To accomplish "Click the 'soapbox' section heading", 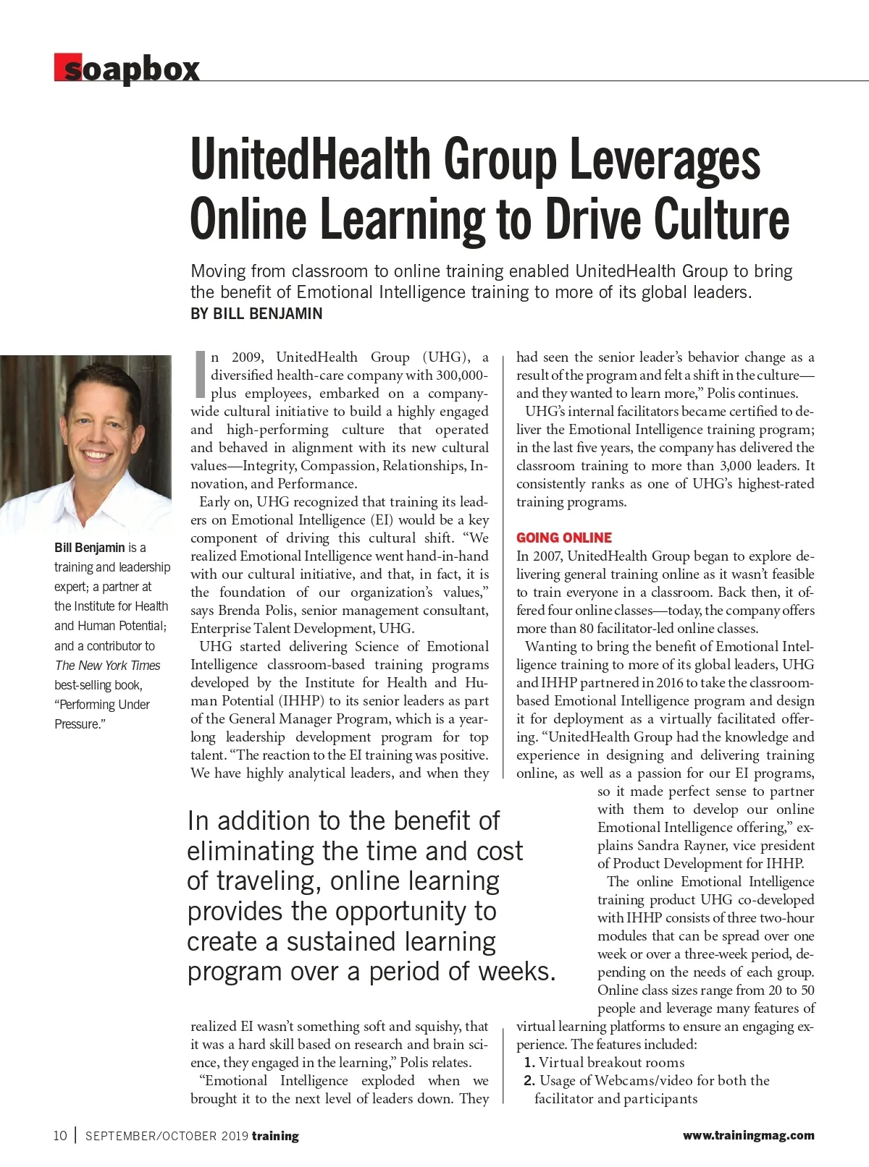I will point(127,69).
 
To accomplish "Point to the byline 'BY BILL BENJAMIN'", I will point(256,314).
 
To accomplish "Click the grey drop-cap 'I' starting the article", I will point(201,375).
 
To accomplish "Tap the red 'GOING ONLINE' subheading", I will point(564,538).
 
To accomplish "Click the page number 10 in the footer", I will point(60,1136).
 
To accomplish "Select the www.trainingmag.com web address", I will point(748,1136).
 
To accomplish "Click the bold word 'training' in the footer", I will point(275,1136).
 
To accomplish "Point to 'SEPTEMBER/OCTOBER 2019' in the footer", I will point(167,1136).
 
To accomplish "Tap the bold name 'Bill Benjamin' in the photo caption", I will point(89,548).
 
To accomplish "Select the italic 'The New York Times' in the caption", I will point(107,666).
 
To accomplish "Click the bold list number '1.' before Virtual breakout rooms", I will point(529,1063).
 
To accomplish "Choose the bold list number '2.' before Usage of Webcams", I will point(529,1081).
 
